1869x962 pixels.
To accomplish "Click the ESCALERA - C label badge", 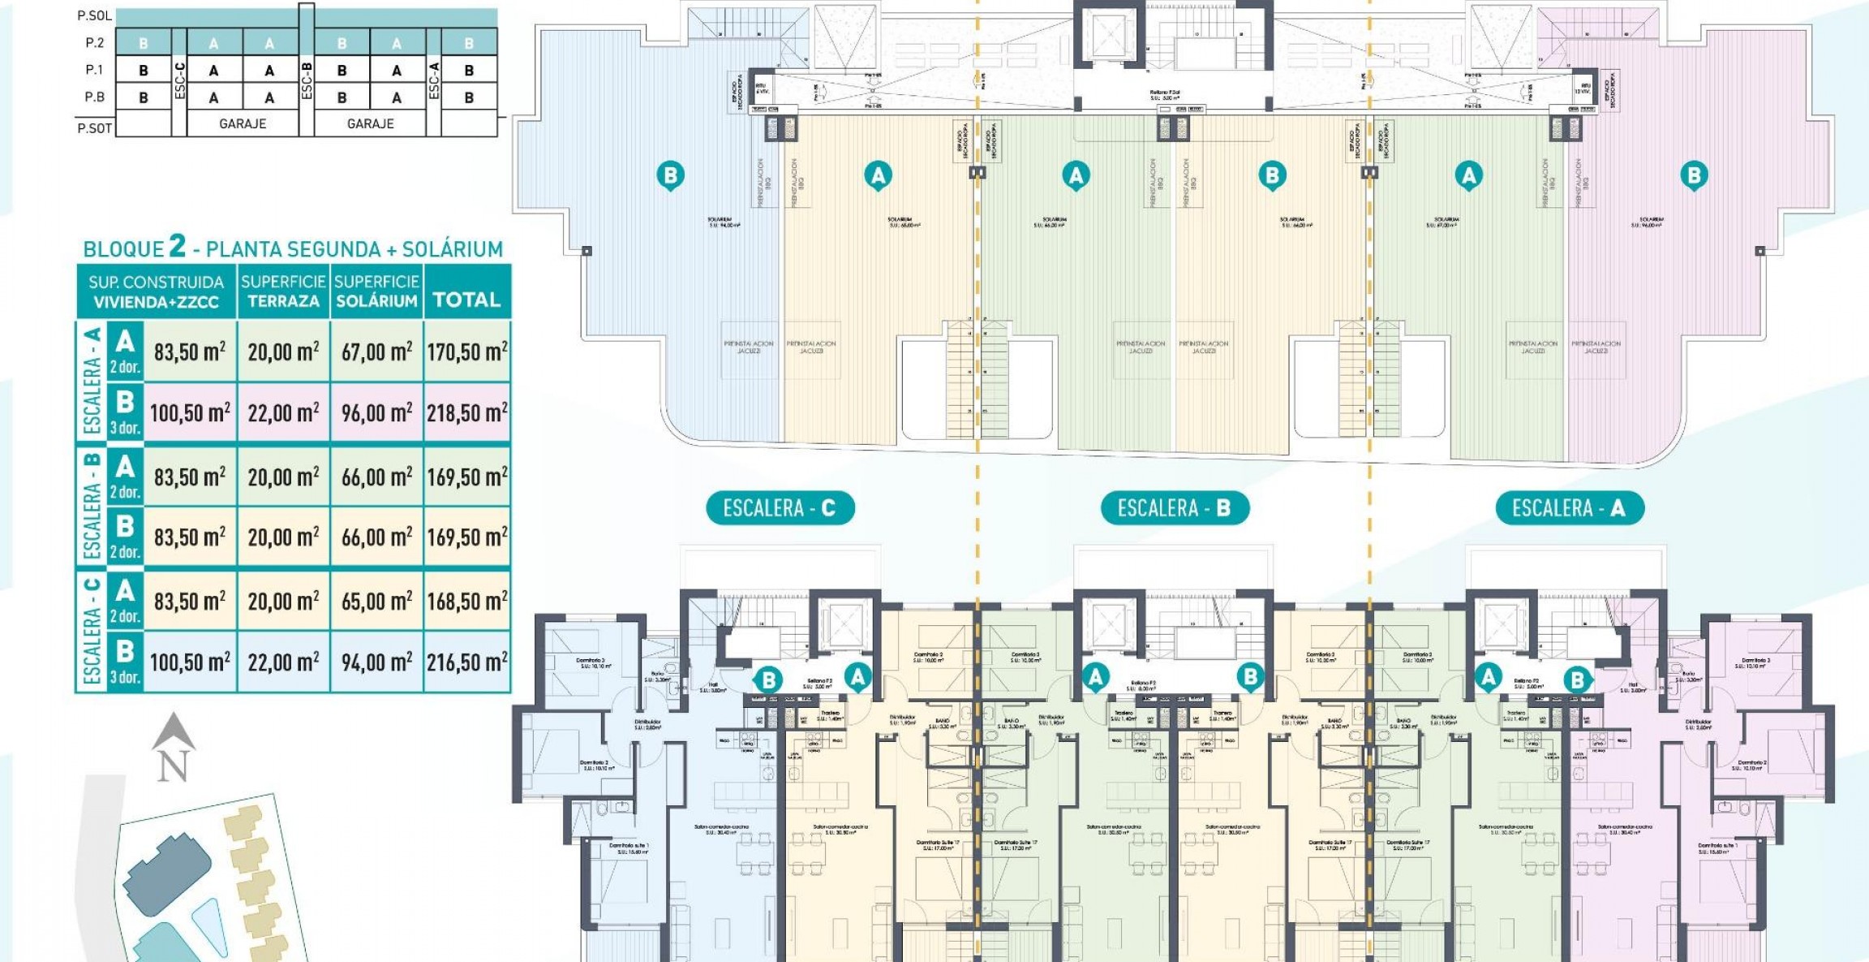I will pyautogui.click(x=779, y=508).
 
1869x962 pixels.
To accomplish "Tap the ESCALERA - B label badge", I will pyautogui.click(x=1174, y=508).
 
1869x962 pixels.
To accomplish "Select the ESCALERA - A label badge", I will pyautogui.click(x=1568, y=508).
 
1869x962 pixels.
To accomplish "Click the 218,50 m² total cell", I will pyautogui.click(x=467, y=413).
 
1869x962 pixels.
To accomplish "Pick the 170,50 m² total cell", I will pyautogui.click(x=467, y=352).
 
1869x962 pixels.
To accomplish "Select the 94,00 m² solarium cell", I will pyautogui.click(x=376, y=662).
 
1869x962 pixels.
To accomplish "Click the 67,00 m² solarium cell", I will pyautogui.click(x=376, y=352).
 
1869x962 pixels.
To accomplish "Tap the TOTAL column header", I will pyautogui.click(x=466, y=300).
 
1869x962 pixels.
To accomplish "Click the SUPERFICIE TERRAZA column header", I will pyautogui.click(x=283, y=291).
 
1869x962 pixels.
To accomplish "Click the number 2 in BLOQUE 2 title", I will pyautogui.click(x=177, y=246).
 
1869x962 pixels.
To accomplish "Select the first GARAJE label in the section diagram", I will pyautogui.click(x=243, y=123).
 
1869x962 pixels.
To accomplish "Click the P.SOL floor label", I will pyautogui.click(x=94, y=15).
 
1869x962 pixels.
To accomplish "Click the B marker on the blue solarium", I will pyautogui.click(x=670, y=175).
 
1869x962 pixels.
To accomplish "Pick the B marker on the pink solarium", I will pyautogui.click(x=1694, y=175).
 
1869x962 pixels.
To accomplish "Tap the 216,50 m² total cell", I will pyautogui.click(x=467, y=662).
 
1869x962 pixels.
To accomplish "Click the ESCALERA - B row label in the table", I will pyautogui.click(x=92, y=507).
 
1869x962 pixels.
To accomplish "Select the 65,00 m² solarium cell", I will pyautogui.click(x=376, y=602).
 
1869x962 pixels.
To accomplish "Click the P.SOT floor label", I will pyautogui.click(x=94, y=127).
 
